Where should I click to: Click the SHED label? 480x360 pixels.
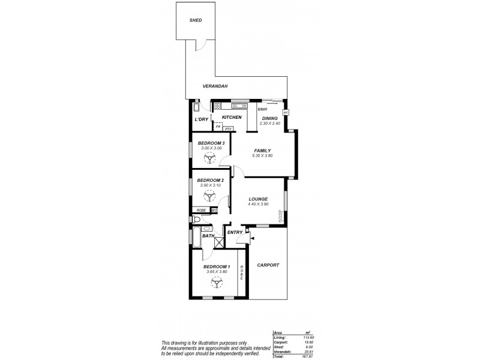(x=196, y=20)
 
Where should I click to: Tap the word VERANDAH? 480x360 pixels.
(x=214, y=86)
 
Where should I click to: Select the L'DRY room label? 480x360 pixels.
(x=201, y=119)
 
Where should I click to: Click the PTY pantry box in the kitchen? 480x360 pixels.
(x=228, y=128)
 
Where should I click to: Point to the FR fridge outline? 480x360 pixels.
(x=218, y=127)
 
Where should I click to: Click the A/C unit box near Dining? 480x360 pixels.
(x=286, y=112)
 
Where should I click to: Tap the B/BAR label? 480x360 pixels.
(x=262, y=110)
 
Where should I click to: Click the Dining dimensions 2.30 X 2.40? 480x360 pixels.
(x=270, y=124)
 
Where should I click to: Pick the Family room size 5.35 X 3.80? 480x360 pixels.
(x=263, y=156)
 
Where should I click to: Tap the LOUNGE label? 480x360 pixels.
(x=257, y=199)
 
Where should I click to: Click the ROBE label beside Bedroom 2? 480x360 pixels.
(x=201, y=211)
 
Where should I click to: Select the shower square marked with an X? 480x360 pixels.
(x=219, y=242)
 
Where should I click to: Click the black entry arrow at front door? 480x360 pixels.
(x=252, y=239)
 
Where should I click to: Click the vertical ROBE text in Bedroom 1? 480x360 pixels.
(x=241, y=274)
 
